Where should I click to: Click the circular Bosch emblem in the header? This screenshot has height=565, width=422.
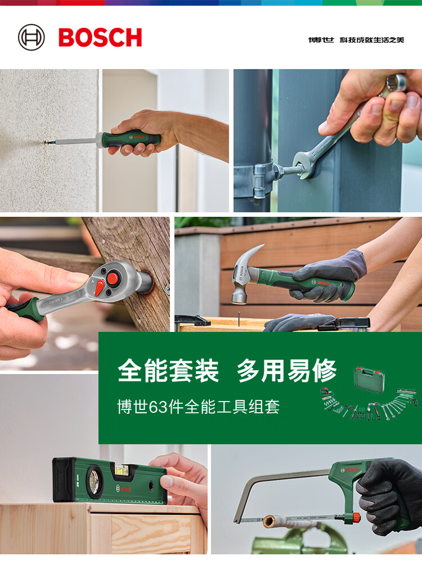coord(32,38)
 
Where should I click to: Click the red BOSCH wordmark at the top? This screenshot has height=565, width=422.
coord(100,38)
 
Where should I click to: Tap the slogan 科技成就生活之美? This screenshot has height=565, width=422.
coord(372,40)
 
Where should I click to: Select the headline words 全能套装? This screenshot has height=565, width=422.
coord(168,371)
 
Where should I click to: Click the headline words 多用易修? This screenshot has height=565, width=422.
coord(286,371)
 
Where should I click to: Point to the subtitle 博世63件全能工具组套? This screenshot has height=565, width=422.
coord(199,407)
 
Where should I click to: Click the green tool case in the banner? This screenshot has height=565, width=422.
coord(369,380)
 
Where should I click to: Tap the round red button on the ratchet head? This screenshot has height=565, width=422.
coord(113,278)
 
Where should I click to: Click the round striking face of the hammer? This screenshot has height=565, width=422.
coord(239,298)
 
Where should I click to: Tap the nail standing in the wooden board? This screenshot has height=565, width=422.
coord(239,318)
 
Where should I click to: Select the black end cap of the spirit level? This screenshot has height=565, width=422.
coord(63,479)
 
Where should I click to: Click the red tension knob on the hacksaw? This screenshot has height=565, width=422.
coord(356,517)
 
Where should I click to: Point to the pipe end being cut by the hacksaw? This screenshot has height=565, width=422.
coord(268,521)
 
